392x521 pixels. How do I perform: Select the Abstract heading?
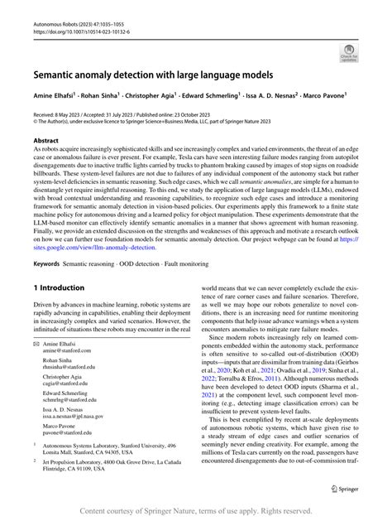click(45, 142)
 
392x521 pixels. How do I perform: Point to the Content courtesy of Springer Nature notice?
click(195, 510)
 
